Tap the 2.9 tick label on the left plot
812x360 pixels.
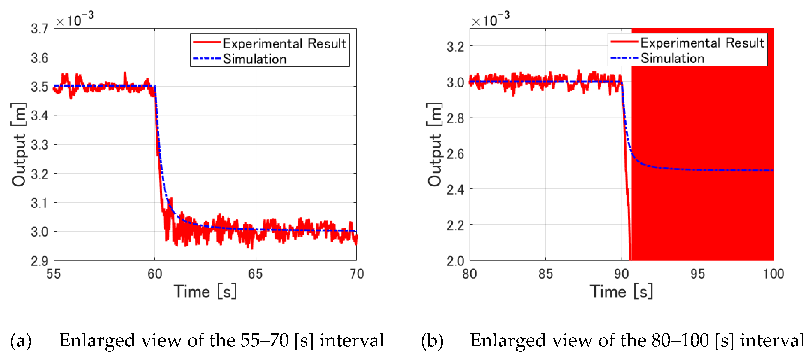39,261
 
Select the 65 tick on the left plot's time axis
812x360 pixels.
255,274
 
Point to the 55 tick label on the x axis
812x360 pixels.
54,274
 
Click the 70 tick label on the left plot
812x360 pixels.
356,274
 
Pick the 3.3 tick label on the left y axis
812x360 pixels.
39,145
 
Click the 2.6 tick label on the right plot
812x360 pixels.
455,154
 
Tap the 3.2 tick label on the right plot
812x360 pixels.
455,47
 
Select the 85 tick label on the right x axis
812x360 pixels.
546,274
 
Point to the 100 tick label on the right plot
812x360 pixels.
773,274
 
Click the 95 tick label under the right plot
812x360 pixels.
697,274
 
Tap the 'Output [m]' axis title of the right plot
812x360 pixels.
434,144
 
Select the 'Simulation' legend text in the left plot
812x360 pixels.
255,59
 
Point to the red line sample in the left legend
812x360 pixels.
206,42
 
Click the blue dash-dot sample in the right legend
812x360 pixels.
624,58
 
